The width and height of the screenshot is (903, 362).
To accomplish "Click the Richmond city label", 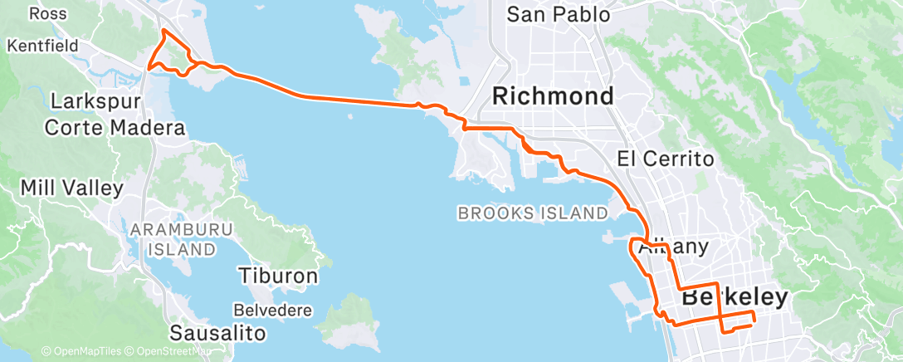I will click(553, 95).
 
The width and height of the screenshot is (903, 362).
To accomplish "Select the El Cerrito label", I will click(666, 159).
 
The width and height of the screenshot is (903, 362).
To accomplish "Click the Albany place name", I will click(673, 247).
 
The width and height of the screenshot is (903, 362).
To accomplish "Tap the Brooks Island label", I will click(532, 213).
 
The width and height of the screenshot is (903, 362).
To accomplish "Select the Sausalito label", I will click(217, 333).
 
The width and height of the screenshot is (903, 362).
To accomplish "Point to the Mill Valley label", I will click(71, 188).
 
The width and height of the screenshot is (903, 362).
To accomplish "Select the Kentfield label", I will click(42, 45).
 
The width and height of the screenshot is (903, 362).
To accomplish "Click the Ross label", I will click(48, 13).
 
